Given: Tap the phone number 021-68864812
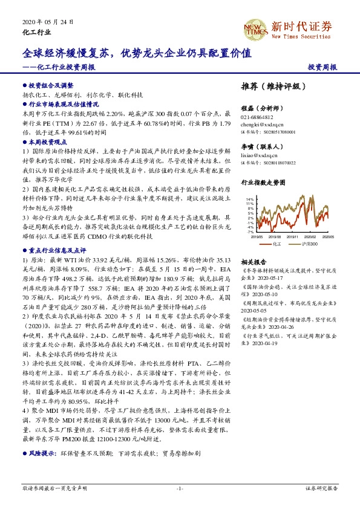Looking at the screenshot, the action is coord(257,117).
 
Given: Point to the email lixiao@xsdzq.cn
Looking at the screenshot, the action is coord(258,155).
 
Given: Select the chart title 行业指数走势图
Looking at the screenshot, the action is coord(263,181).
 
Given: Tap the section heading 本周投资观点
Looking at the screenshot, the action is coord(47,140).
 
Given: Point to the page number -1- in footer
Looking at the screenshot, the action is coord(180,488).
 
